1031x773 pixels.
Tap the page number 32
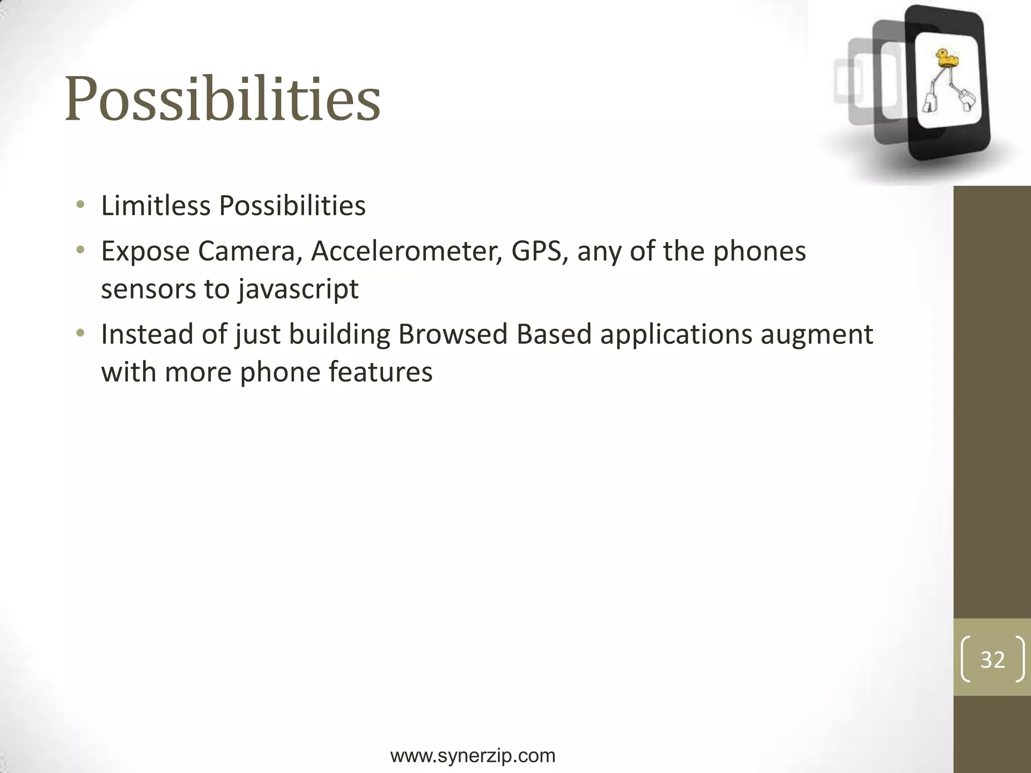pos(992,659)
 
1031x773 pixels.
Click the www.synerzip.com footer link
pos(473,755)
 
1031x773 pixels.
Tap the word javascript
pos(298,289)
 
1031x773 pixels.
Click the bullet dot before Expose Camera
pos(80,250)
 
